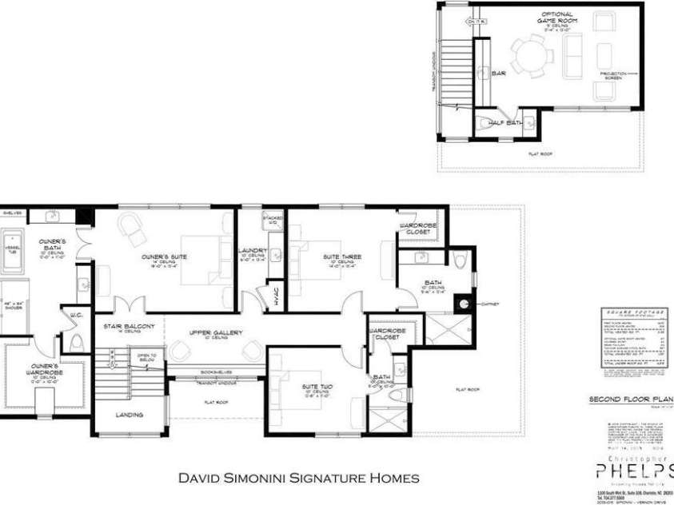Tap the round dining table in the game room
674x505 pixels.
(530, 57)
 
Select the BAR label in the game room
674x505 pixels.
(500, 73)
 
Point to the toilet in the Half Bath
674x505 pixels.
(484, 122)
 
